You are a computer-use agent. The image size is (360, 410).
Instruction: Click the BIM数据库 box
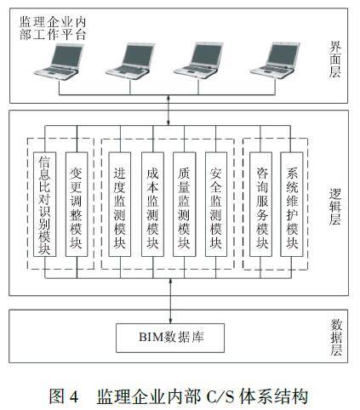(170, 338)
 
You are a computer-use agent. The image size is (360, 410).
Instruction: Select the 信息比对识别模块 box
(44, 204)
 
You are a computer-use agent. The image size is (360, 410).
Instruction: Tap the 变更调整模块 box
(77, 204)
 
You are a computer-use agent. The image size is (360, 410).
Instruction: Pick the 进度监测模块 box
(120, 204)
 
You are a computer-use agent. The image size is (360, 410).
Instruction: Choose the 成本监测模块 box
(152, 204)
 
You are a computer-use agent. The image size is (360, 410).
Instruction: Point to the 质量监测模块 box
(184, 204)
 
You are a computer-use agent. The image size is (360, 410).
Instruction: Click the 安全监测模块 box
(216, 204)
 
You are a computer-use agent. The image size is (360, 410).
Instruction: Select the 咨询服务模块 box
(260, 204)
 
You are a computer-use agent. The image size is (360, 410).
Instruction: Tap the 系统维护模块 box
(292, 204)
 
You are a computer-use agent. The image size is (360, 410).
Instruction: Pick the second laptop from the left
(130, 61)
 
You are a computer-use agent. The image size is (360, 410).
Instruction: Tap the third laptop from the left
(198, 60)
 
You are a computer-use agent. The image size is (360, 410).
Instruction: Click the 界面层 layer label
(335, 59)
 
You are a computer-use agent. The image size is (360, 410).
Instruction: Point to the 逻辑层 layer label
(335, 207)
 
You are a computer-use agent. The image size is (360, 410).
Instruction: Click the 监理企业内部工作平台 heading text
(53, 28)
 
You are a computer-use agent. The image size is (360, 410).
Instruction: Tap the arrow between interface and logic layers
(169, 111)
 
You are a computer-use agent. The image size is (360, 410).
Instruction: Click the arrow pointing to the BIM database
(170, 301)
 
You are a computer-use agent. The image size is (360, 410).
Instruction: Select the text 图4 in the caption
(64, 396)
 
